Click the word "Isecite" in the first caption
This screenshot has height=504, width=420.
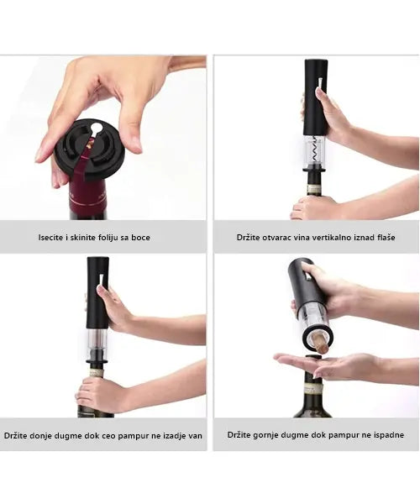click(50, 237)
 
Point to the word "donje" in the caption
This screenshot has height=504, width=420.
click(41, 436)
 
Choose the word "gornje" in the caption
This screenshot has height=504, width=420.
click(265, 435)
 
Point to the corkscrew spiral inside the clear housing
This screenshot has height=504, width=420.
click(316, 151)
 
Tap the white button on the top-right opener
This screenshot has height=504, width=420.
click(320, 83)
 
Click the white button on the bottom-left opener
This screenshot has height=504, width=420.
click(102, 280)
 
